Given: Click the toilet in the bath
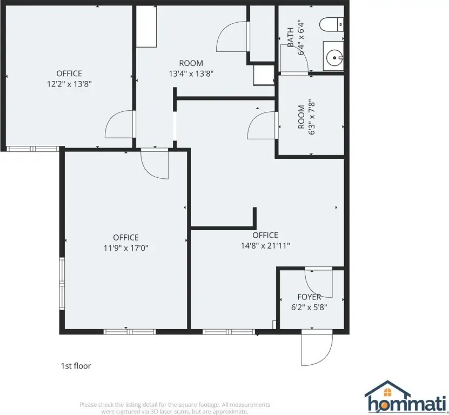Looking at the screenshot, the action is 332,24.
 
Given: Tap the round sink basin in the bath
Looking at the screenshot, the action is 334,58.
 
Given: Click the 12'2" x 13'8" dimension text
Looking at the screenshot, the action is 69,84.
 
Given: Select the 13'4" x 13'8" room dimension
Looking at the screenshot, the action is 191,73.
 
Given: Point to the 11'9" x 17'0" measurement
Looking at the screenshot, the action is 126,247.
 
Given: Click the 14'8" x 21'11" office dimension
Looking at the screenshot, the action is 265,245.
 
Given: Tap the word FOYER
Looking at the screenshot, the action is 309,297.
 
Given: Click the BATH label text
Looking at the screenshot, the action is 290,37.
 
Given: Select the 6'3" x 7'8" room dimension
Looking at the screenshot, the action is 312,117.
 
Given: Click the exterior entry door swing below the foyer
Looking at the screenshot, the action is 317,347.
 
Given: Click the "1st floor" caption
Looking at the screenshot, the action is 76,366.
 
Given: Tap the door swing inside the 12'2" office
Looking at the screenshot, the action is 120,124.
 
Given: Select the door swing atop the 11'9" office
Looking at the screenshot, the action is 155,164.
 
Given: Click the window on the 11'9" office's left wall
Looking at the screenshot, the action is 62,284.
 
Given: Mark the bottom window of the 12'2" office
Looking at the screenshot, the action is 33,149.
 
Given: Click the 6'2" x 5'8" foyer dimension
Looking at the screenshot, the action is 309,307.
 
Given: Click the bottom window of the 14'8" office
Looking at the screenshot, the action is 229,332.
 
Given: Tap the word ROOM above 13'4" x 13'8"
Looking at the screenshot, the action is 191,63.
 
